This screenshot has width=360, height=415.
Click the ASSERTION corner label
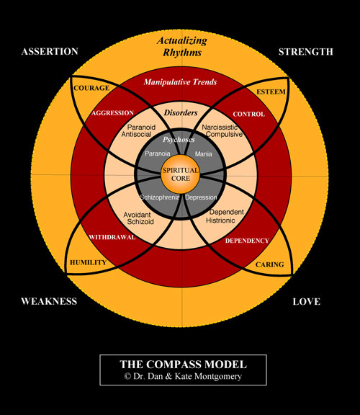tap(50, 52)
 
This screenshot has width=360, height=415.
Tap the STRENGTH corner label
tap(305, 52)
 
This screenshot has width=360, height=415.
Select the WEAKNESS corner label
tap(49, 301)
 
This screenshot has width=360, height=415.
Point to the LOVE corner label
tap(307, 301)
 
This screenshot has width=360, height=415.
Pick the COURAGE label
tap(91, 88)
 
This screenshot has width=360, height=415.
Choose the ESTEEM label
tap(271, 92)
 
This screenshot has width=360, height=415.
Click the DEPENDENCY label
tap(247, 241)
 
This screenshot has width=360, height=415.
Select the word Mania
tap(204, 154)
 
